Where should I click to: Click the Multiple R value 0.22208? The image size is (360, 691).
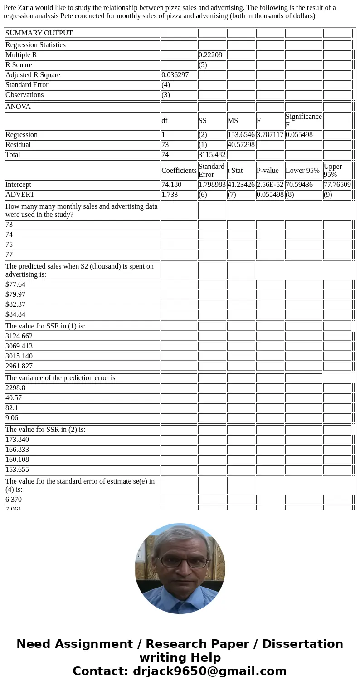[210, 55]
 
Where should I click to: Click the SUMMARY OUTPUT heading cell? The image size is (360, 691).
[39, 33]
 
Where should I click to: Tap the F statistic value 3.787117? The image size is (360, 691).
[270, 135]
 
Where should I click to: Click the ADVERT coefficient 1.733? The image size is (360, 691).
[170, 195]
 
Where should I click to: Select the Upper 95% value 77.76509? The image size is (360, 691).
[337, 185]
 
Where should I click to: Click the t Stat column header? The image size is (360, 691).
[235, 171]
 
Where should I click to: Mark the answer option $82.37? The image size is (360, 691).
[15, 304]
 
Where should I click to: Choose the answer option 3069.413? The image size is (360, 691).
[19, 346]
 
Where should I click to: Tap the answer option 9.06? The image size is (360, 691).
[12, 418]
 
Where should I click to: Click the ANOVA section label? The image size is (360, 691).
[18, 107]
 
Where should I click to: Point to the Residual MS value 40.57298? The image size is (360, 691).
[241, 145]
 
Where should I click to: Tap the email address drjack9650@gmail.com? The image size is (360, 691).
[209, 671]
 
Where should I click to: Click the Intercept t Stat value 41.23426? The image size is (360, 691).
[241, 185]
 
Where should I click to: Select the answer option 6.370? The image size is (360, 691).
[14, 500]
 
